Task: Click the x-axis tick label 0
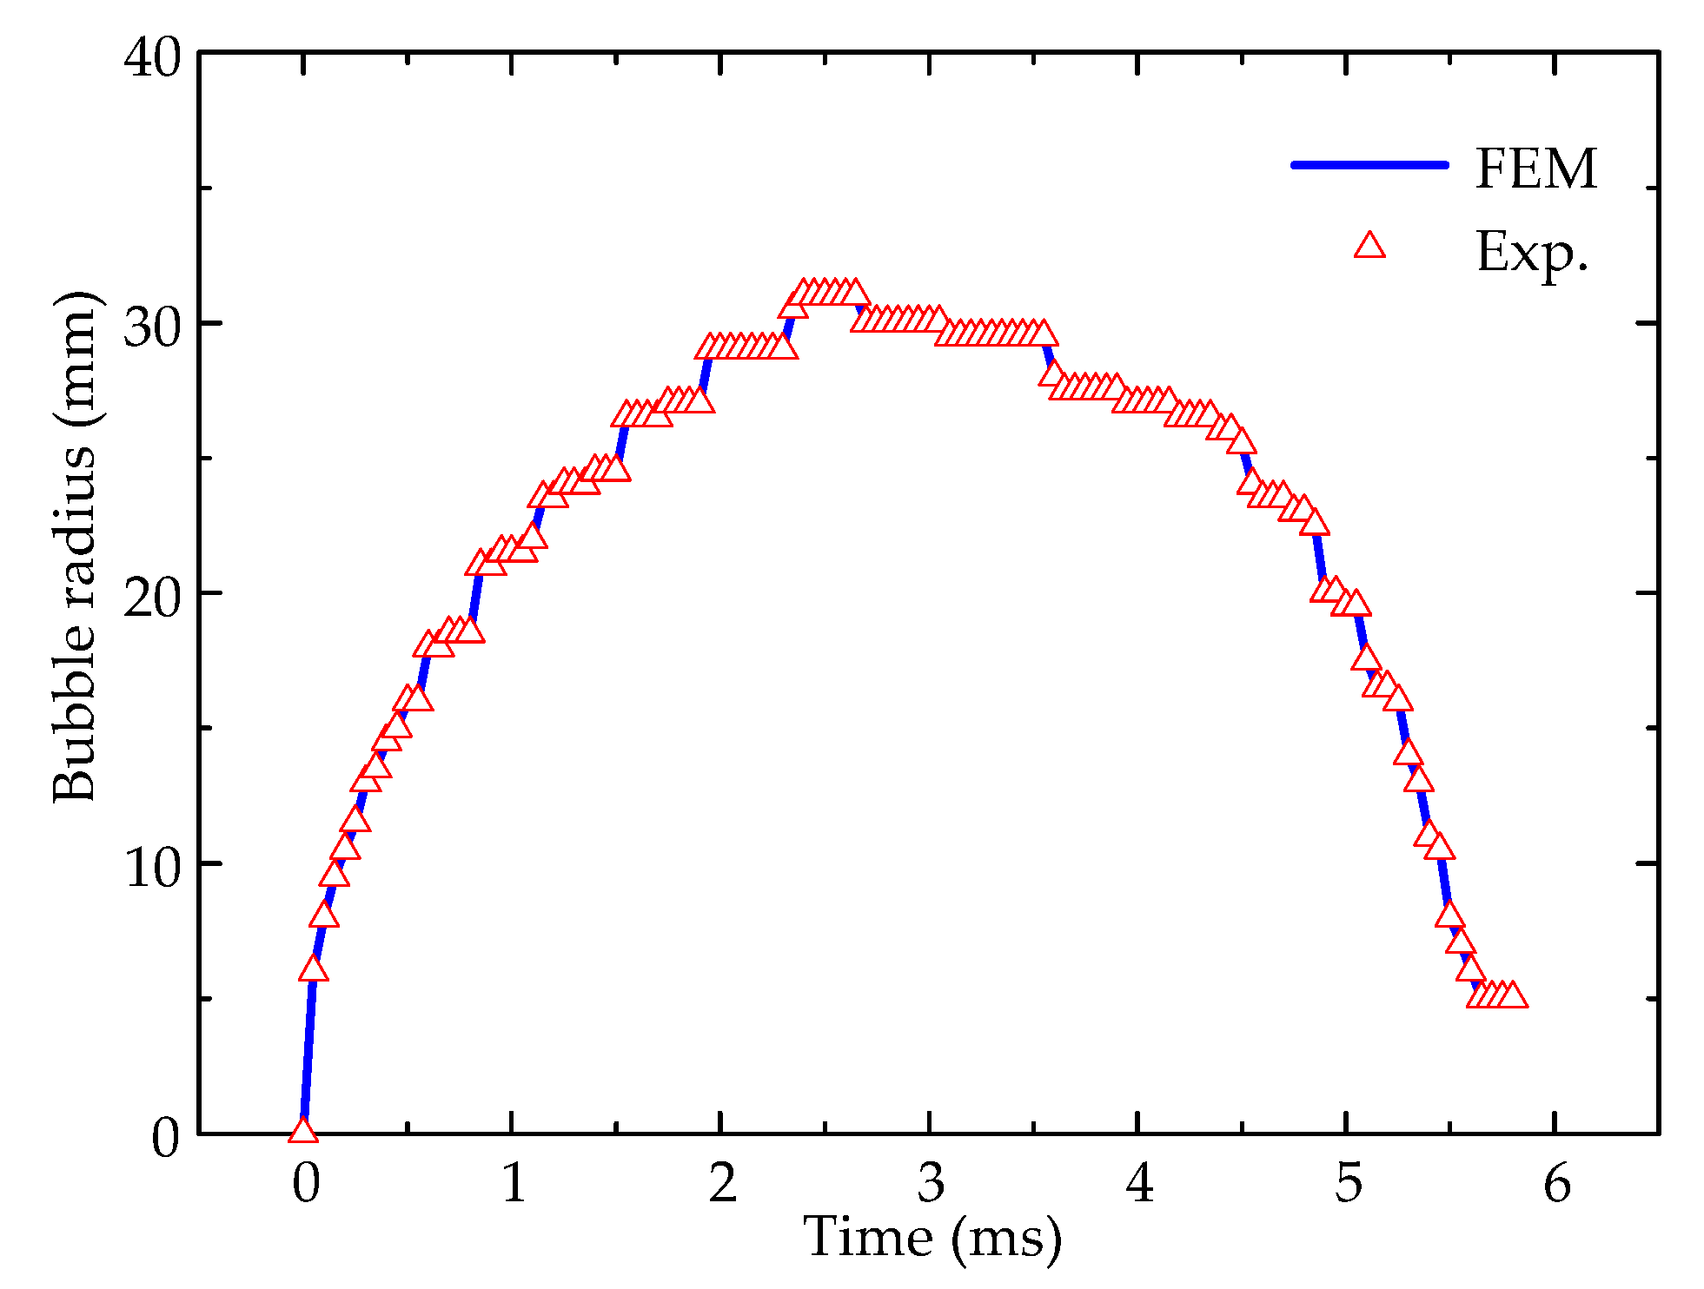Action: [306, 1183]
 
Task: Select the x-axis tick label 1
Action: [514, 1183]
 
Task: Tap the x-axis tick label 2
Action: [722, 1183]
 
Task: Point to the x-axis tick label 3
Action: [931, 1183]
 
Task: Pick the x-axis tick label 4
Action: [1139, 1183]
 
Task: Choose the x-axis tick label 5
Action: [1348, 1183]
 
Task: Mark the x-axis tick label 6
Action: [1556, 1183]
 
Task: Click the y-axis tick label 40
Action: [153, 58]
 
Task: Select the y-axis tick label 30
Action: [153, 327]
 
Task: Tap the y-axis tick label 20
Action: [153, 598]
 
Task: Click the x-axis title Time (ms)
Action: [932, 1237]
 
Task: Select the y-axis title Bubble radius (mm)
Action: [75, 547]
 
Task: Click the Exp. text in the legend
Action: [1532, 253]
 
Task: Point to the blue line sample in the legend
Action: [1370, 164]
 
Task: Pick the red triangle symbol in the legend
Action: [1370, 247]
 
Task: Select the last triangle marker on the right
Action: [1513, 995]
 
